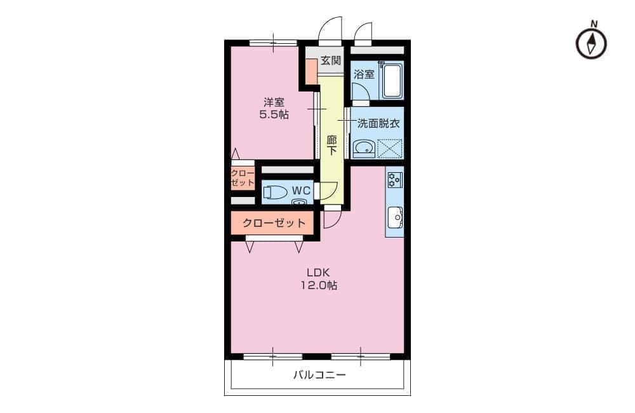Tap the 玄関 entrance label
click(330, 61)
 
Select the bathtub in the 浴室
click(392, 80)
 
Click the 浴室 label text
click(364, 74)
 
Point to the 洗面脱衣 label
click(378, 123)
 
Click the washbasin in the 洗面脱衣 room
click(364, 149)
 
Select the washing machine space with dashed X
click(390, 148)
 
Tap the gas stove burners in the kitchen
click(394, 179)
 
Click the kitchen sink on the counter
click(395, 218)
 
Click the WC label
click(301, 191)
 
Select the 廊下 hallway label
click(331, 145)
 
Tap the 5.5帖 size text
click(274, 115)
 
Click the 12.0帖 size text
click(318, 285)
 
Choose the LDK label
click(318, 273)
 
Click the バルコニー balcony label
click(319, 375)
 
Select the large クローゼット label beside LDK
click(274, 223)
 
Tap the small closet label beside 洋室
click(243, 178)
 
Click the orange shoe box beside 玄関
click(311, 72)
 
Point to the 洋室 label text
click(274, 102)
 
